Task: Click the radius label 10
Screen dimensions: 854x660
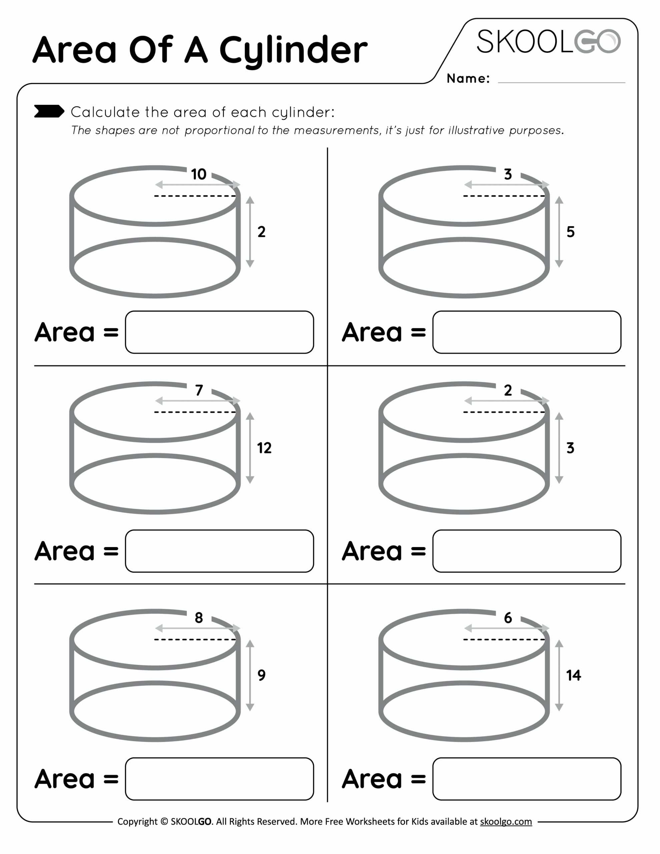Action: click(x=199, y=174)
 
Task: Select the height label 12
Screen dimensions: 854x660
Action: click(x=264, y=448)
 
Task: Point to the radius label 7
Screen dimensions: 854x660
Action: click(x=199, y=390)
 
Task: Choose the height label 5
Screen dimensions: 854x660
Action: click(x=571, y=232)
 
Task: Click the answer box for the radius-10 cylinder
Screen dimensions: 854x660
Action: click(x=219, y=332)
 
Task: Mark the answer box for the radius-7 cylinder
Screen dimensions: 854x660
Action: click(x=219, y=551)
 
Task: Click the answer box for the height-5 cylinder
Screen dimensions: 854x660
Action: click(x=527, y=332)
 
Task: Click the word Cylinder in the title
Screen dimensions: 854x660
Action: click(x=293, y=51)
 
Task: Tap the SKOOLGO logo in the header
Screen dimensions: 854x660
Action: click(x=548, y=41)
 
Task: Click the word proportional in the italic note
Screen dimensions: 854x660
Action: click(x=219, y=131)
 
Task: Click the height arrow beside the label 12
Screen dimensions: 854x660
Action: click(x=250, y=448)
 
